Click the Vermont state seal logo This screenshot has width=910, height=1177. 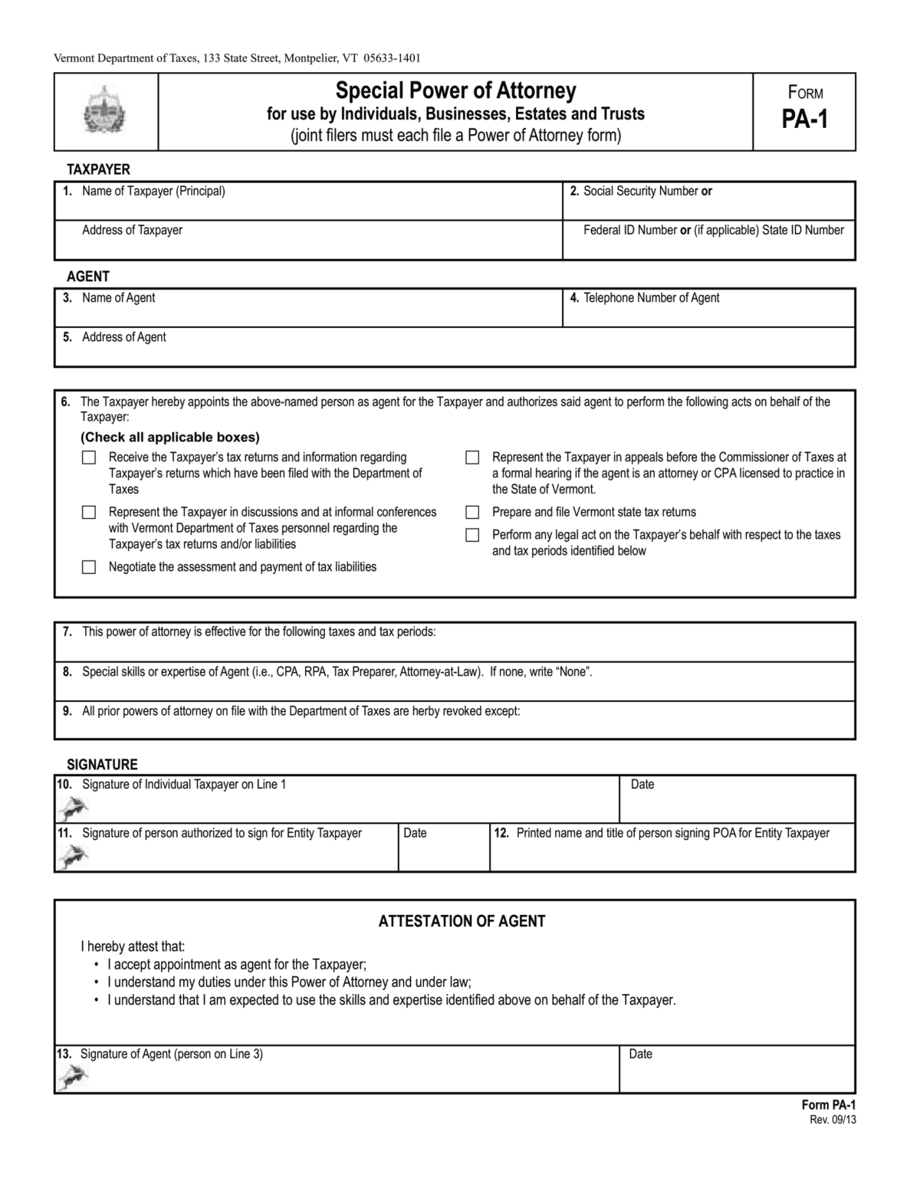pos(105,112)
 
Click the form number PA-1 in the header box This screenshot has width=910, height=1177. pos(804,120)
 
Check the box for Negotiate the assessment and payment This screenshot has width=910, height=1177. pos(89,567)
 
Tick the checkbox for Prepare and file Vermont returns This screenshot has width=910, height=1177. pos(472,512)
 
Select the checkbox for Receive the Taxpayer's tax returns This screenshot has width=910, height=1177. pos(89,457)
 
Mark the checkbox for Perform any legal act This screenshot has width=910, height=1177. pos(472,535)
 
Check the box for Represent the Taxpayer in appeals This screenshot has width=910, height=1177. pos(472,457)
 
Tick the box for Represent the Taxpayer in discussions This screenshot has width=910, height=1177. pos(89,512)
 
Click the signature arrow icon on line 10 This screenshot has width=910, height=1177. pos(73,807)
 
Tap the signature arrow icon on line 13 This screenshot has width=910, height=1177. pos(73,1077)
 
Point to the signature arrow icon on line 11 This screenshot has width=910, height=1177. pos(73,856)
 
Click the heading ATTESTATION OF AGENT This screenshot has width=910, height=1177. pos(462,921)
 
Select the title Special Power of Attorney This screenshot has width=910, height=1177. pos(455,91)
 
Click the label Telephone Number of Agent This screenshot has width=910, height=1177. pos(651,298)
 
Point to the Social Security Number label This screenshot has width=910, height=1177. pos(640,192)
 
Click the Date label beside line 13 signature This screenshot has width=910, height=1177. pos(640,1054)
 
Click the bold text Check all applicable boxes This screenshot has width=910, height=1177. pos(170,438)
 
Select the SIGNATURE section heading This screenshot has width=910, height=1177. pos(102,765)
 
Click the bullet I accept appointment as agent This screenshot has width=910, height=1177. pos(237,965)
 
